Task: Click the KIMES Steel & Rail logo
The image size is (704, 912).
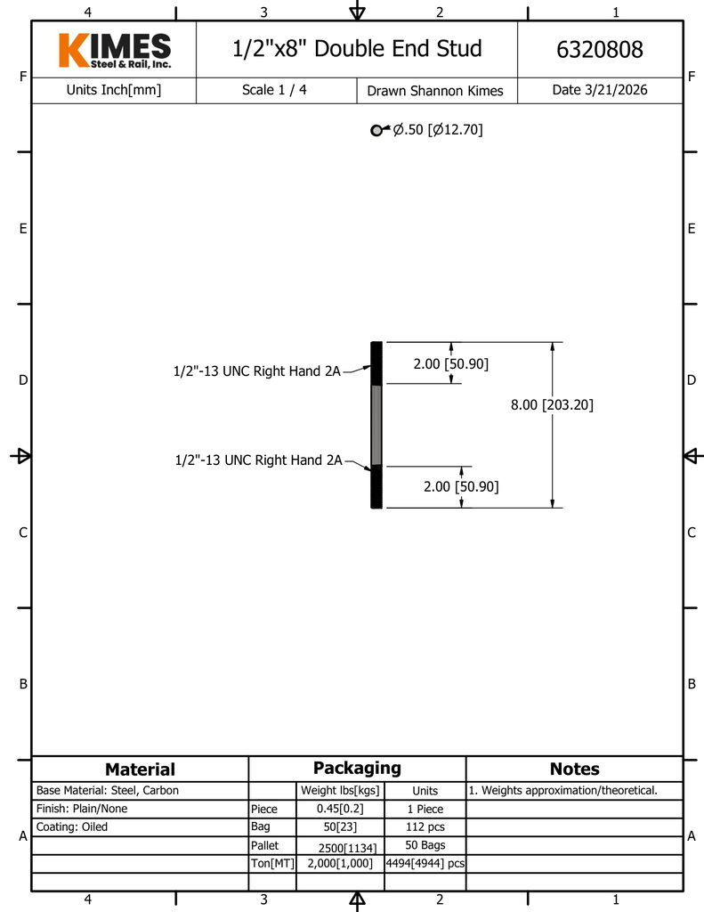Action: click(x=115, y=50)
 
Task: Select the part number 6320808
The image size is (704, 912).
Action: click(x=599, y=50)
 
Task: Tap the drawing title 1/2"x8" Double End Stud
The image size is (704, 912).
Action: click(x=357, y=48)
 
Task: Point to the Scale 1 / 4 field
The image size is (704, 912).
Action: click(x=274, y=90)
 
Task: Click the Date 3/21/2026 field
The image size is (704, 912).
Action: click(x=599, y=90)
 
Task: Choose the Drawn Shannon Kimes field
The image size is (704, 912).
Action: click(x=435, y=91)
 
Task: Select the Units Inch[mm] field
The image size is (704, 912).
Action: click(x=113, y=90)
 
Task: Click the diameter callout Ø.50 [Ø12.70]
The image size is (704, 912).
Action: click(x=438, y=129)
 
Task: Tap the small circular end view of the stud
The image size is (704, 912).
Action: click(x=376, y=130)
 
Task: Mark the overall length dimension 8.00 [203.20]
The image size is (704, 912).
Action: click(x=552, y=405)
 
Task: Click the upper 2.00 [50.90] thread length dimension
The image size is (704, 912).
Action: click(x=450, y=364)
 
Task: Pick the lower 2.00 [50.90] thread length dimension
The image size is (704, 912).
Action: click(x=461, y=486)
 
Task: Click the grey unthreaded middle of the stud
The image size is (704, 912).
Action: click(x=376, y=425)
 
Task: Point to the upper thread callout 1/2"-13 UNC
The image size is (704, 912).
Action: click(x=256, y=371)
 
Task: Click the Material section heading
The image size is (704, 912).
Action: click(x=140, y=769)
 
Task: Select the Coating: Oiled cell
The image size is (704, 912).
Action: click(x=72, y=826)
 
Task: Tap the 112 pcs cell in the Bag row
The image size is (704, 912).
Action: click(x=425, y=826)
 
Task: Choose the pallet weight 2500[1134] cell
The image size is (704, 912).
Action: click(x=347, y=848)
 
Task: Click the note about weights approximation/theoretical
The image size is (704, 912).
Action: click(x=563, y=791)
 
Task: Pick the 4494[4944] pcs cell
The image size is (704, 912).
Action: click(x=425, y=863)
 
